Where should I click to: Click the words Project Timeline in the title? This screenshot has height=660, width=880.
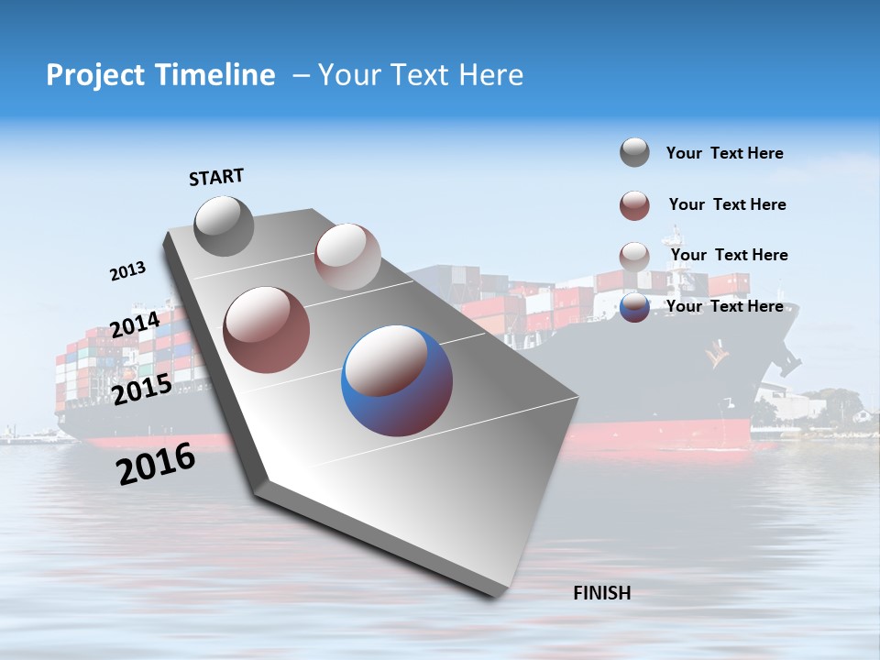click(160, 75)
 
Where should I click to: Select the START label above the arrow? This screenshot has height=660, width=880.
click(216, 177)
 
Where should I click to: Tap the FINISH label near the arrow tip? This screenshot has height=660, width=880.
click(601, 593)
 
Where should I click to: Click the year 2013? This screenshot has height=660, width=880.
click(127, 271)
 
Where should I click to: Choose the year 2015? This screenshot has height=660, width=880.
click(141, 390)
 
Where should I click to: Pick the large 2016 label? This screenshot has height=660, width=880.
click(156, 464)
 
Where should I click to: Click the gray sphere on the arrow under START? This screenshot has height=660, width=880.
click(224, 226)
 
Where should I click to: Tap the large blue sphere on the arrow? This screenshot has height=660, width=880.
click(397, 380)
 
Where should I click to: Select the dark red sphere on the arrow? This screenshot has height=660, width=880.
click(267, 330)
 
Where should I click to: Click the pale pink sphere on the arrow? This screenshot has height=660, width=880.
click(347, 257)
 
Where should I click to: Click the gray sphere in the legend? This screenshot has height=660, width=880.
click(634, 152)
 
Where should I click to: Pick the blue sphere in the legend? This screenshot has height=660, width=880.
click(634, 307)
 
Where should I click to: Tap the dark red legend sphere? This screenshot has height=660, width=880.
click(634, 205)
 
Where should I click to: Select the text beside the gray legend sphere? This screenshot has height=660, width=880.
click(724, 153)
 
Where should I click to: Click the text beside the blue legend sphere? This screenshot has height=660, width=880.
click(724, 306)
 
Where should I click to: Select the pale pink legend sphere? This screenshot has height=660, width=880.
click(634, 256)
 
